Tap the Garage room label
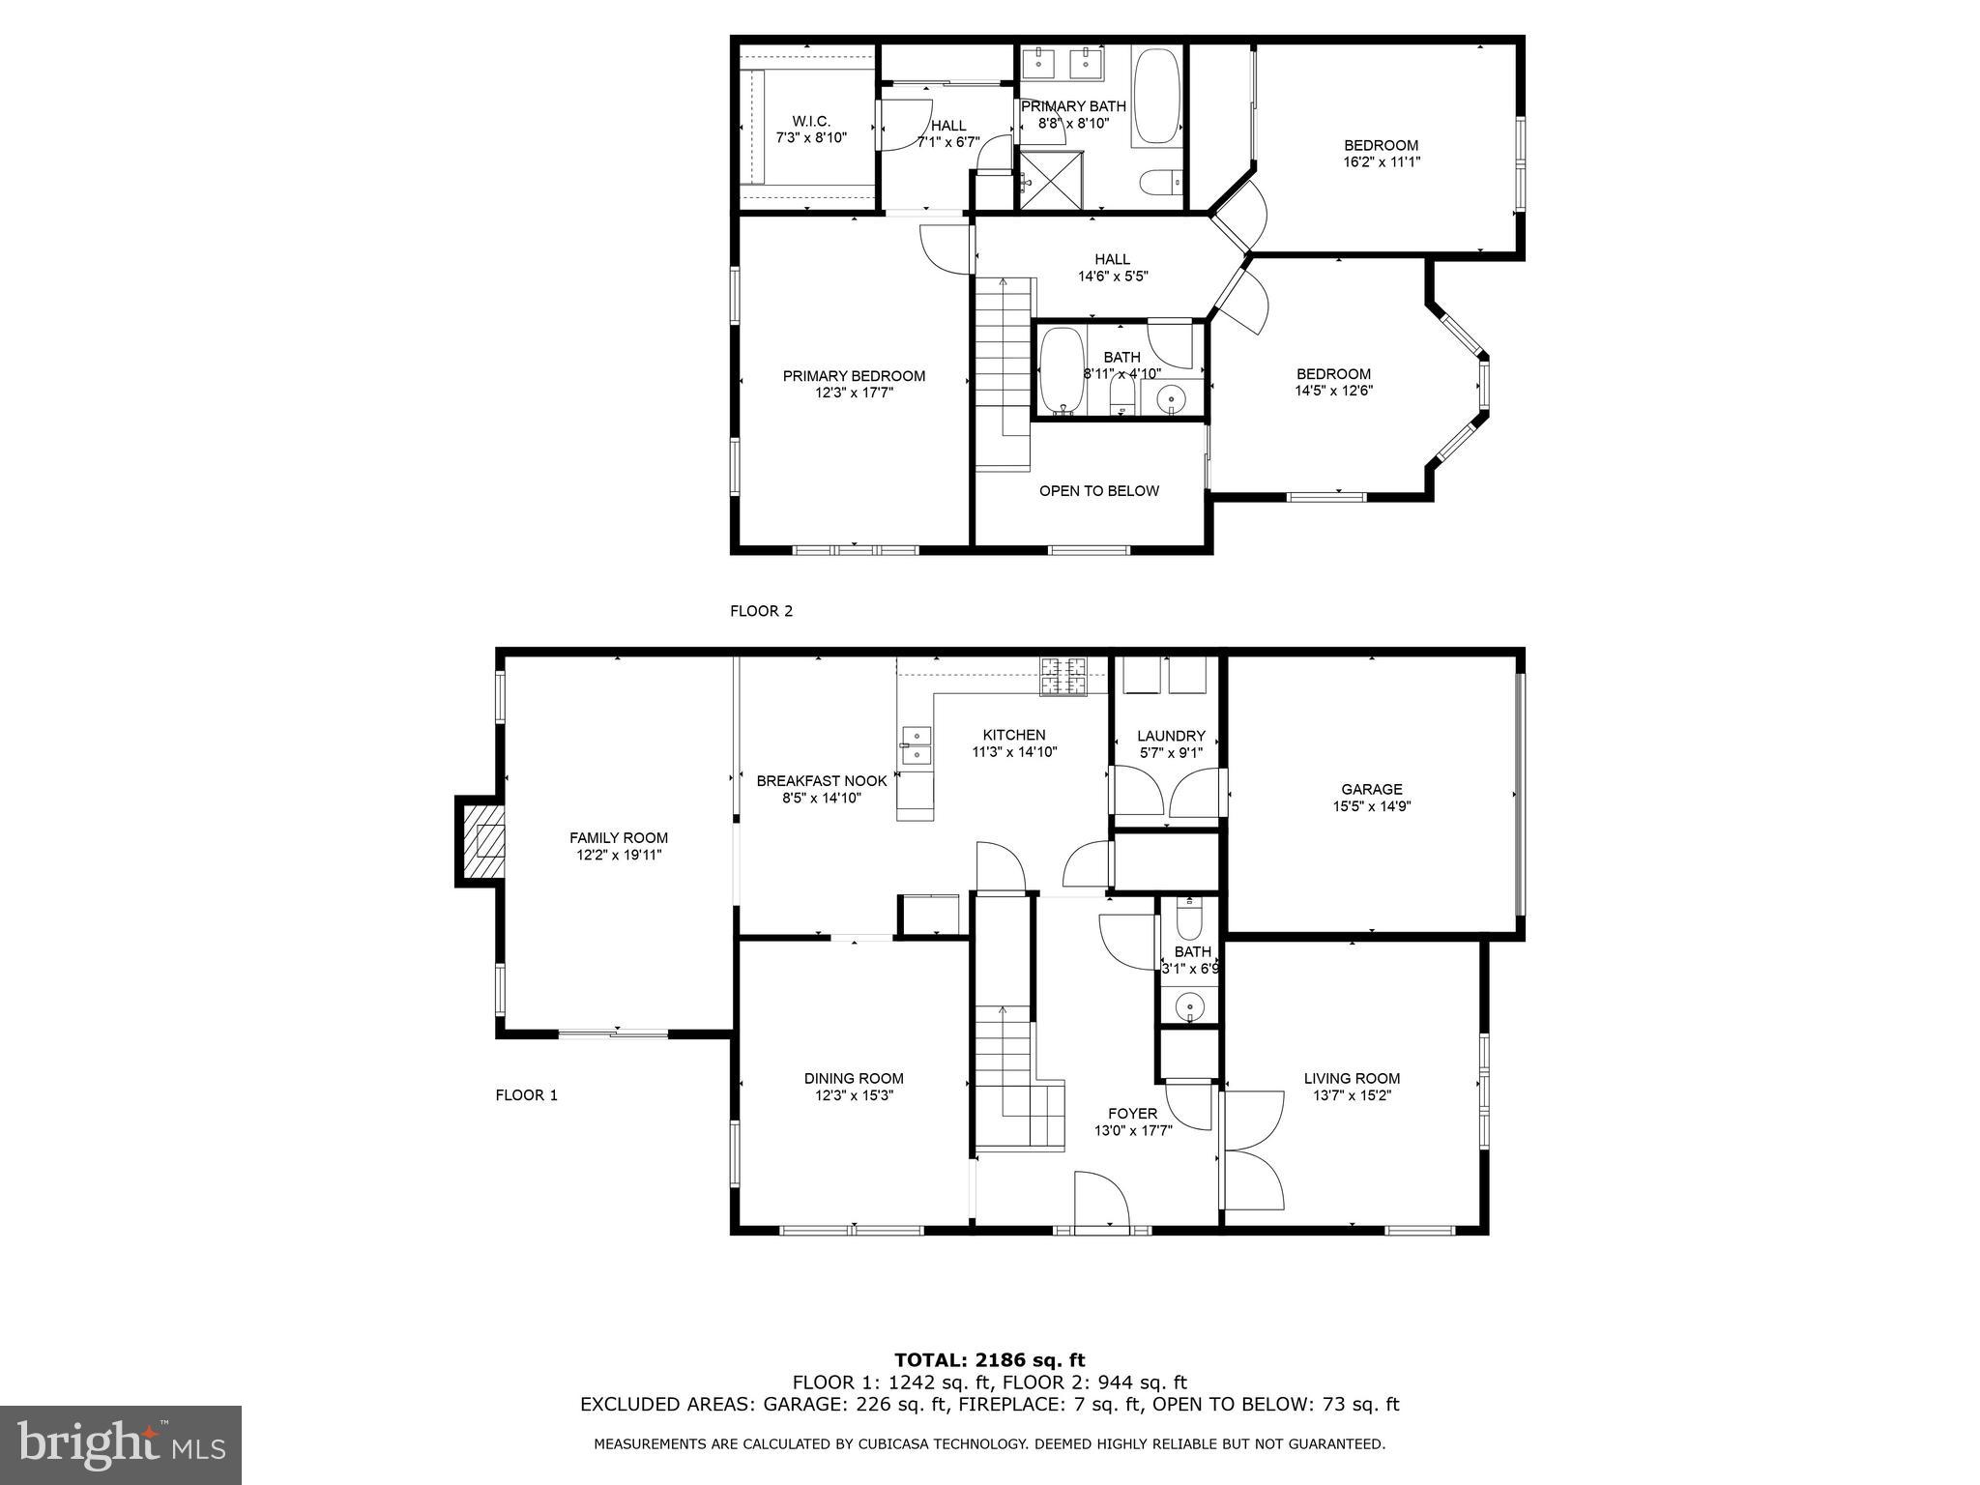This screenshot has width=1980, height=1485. (1371, 789)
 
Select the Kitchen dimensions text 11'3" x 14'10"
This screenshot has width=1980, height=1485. (1014, 752)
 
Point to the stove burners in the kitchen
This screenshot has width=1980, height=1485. (1063, 676)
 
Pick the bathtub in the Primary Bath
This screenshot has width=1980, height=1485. (1156, 96)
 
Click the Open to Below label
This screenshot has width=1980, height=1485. (1098, 491)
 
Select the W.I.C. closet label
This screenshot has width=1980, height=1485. (811, 121)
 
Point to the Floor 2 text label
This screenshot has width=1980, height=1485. (761, 611)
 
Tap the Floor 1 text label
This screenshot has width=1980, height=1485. (527, 1095)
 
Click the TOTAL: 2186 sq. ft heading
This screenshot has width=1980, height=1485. (989, 1360)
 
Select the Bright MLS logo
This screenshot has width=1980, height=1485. (120, 1444)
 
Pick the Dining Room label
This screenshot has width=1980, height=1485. (854, 1078)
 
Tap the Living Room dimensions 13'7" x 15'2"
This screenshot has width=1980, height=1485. (1352, 1095)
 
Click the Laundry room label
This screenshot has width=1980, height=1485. (1171, 736)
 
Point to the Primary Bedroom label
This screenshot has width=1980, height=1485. (854, 376)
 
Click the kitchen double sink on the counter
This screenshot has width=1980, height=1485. (916, 746)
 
